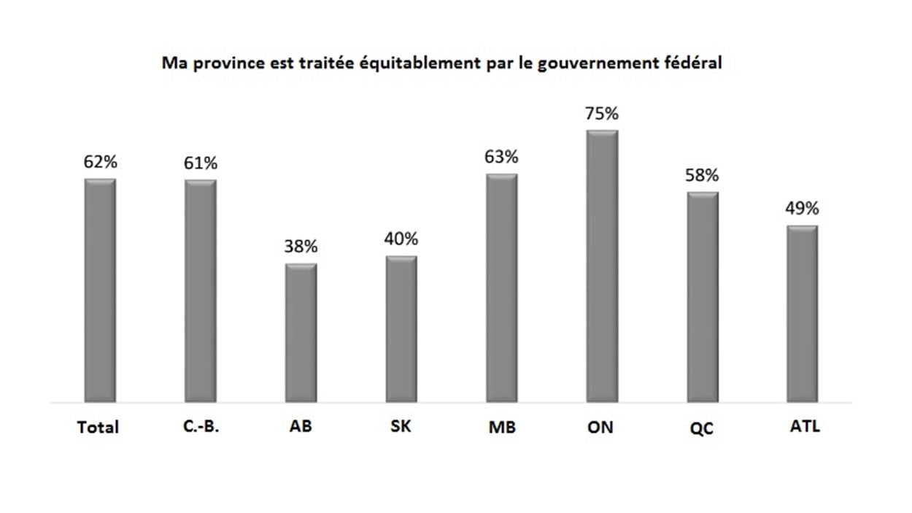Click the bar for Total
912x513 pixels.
pos(100,290)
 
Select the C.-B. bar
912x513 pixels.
pos(201,290)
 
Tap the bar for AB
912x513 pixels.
pos(301,333)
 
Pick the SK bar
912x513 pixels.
pos(401,329)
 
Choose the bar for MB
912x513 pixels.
pos(502,288)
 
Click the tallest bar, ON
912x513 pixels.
pos(603,266)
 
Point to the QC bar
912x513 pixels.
pos(703,297)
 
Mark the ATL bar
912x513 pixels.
pos(803,314)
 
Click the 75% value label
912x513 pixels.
pos(603,115)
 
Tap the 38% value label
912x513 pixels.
pos(301,247)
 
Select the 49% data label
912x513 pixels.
pos(803,209)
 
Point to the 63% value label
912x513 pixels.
pos(502,157)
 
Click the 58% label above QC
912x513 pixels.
pos(703,175)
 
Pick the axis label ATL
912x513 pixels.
pos(805,427)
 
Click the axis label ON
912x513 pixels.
pos(600,428)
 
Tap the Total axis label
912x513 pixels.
pos(98,428)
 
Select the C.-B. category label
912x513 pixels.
pos(201,428)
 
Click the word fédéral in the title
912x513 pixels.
pos(694,63)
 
